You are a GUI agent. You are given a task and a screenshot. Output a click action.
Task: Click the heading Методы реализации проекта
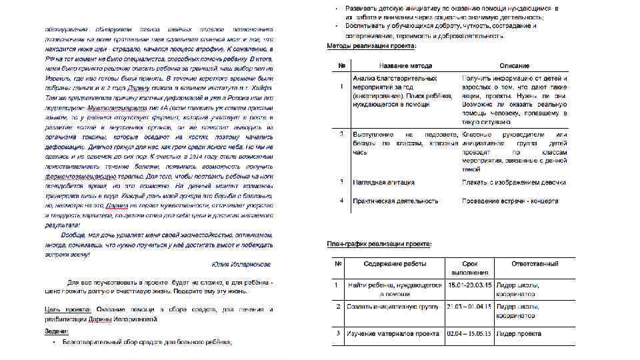coord(371,46)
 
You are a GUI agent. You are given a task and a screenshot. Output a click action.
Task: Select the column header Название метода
coord(405,66)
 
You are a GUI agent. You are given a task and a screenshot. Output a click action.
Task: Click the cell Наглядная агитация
coord(383,182)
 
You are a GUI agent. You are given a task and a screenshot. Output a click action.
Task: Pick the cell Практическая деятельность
coord(395,200)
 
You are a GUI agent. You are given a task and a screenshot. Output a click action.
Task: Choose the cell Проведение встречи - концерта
coord(513,200)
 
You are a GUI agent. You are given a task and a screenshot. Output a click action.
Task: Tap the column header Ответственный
coord(535,264)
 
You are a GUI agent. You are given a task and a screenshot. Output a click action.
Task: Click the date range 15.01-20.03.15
coord(470,285)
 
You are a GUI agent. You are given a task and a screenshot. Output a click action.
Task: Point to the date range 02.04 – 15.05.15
coord(470,333)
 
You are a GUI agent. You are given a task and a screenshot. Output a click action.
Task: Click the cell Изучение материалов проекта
coord(393,333)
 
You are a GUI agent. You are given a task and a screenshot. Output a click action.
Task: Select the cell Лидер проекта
coord(518,333)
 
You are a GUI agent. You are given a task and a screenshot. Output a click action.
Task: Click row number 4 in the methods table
coord(341,200)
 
